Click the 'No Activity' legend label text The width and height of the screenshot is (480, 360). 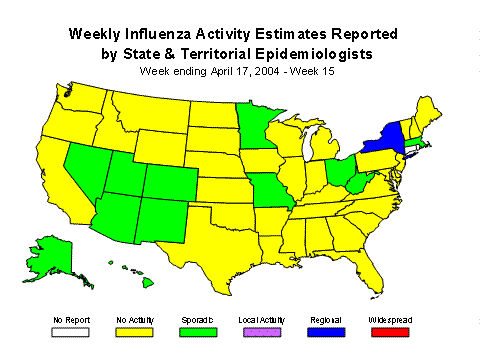(x=129, y=320)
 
